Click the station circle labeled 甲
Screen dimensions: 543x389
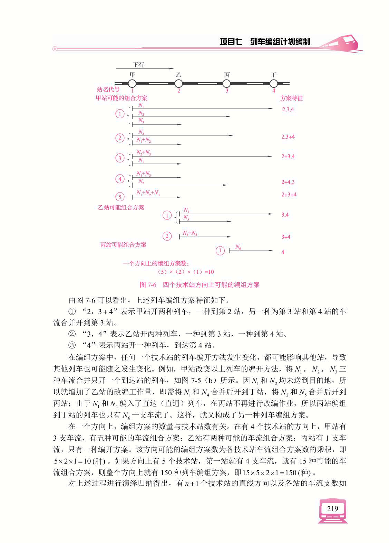click(x=132, y=83)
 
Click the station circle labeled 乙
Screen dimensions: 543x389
click(x=178, y=83)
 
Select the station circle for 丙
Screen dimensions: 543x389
click(x=226, y=83)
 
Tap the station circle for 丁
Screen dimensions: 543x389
click(x=274, y=83)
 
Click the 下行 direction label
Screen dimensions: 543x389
click(x=138, y=65)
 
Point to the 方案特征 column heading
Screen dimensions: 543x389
click(x=292, y=98)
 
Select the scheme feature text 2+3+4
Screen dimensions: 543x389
click(x=289, y=195)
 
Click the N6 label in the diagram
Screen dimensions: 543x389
click(x=238, y=247)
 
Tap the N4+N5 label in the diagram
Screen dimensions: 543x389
click(x=190, y=233)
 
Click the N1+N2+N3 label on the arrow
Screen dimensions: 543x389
click(x=148, y=193)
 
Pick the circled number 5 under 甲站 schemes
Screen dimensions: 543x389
click(x=120, y=197)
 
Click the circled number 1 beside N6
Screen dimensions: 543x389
click(x=220, y=251)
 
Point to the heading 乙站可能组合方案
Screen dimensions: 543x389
click(x=121, y=208)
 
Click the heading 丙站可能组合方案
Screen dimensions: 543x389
click(x=123, y=245)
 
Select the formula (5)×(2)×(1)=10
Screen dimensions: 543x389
click(x=185, y=272)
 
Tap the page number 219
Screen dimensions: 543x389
click(x=332, y=509)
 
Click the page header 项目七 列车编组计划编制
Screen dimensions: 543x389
click(x=265, y=42)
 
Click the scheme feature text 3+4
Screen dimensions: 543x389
click(x=285, y=237)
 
